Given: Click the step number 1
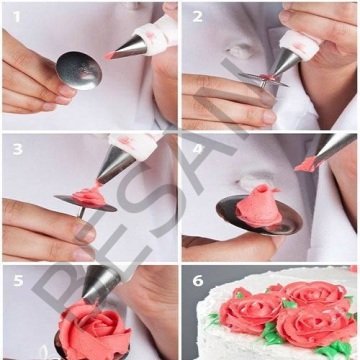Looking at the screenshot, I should click(x=15, y=16).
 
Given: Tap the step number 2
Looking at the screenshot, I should click(x=197, y=16).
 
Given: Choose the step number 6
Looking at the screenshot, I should click(x=197, y=281).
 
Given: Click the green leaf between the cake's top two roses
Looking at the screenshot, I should click(x=290, y=302).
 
